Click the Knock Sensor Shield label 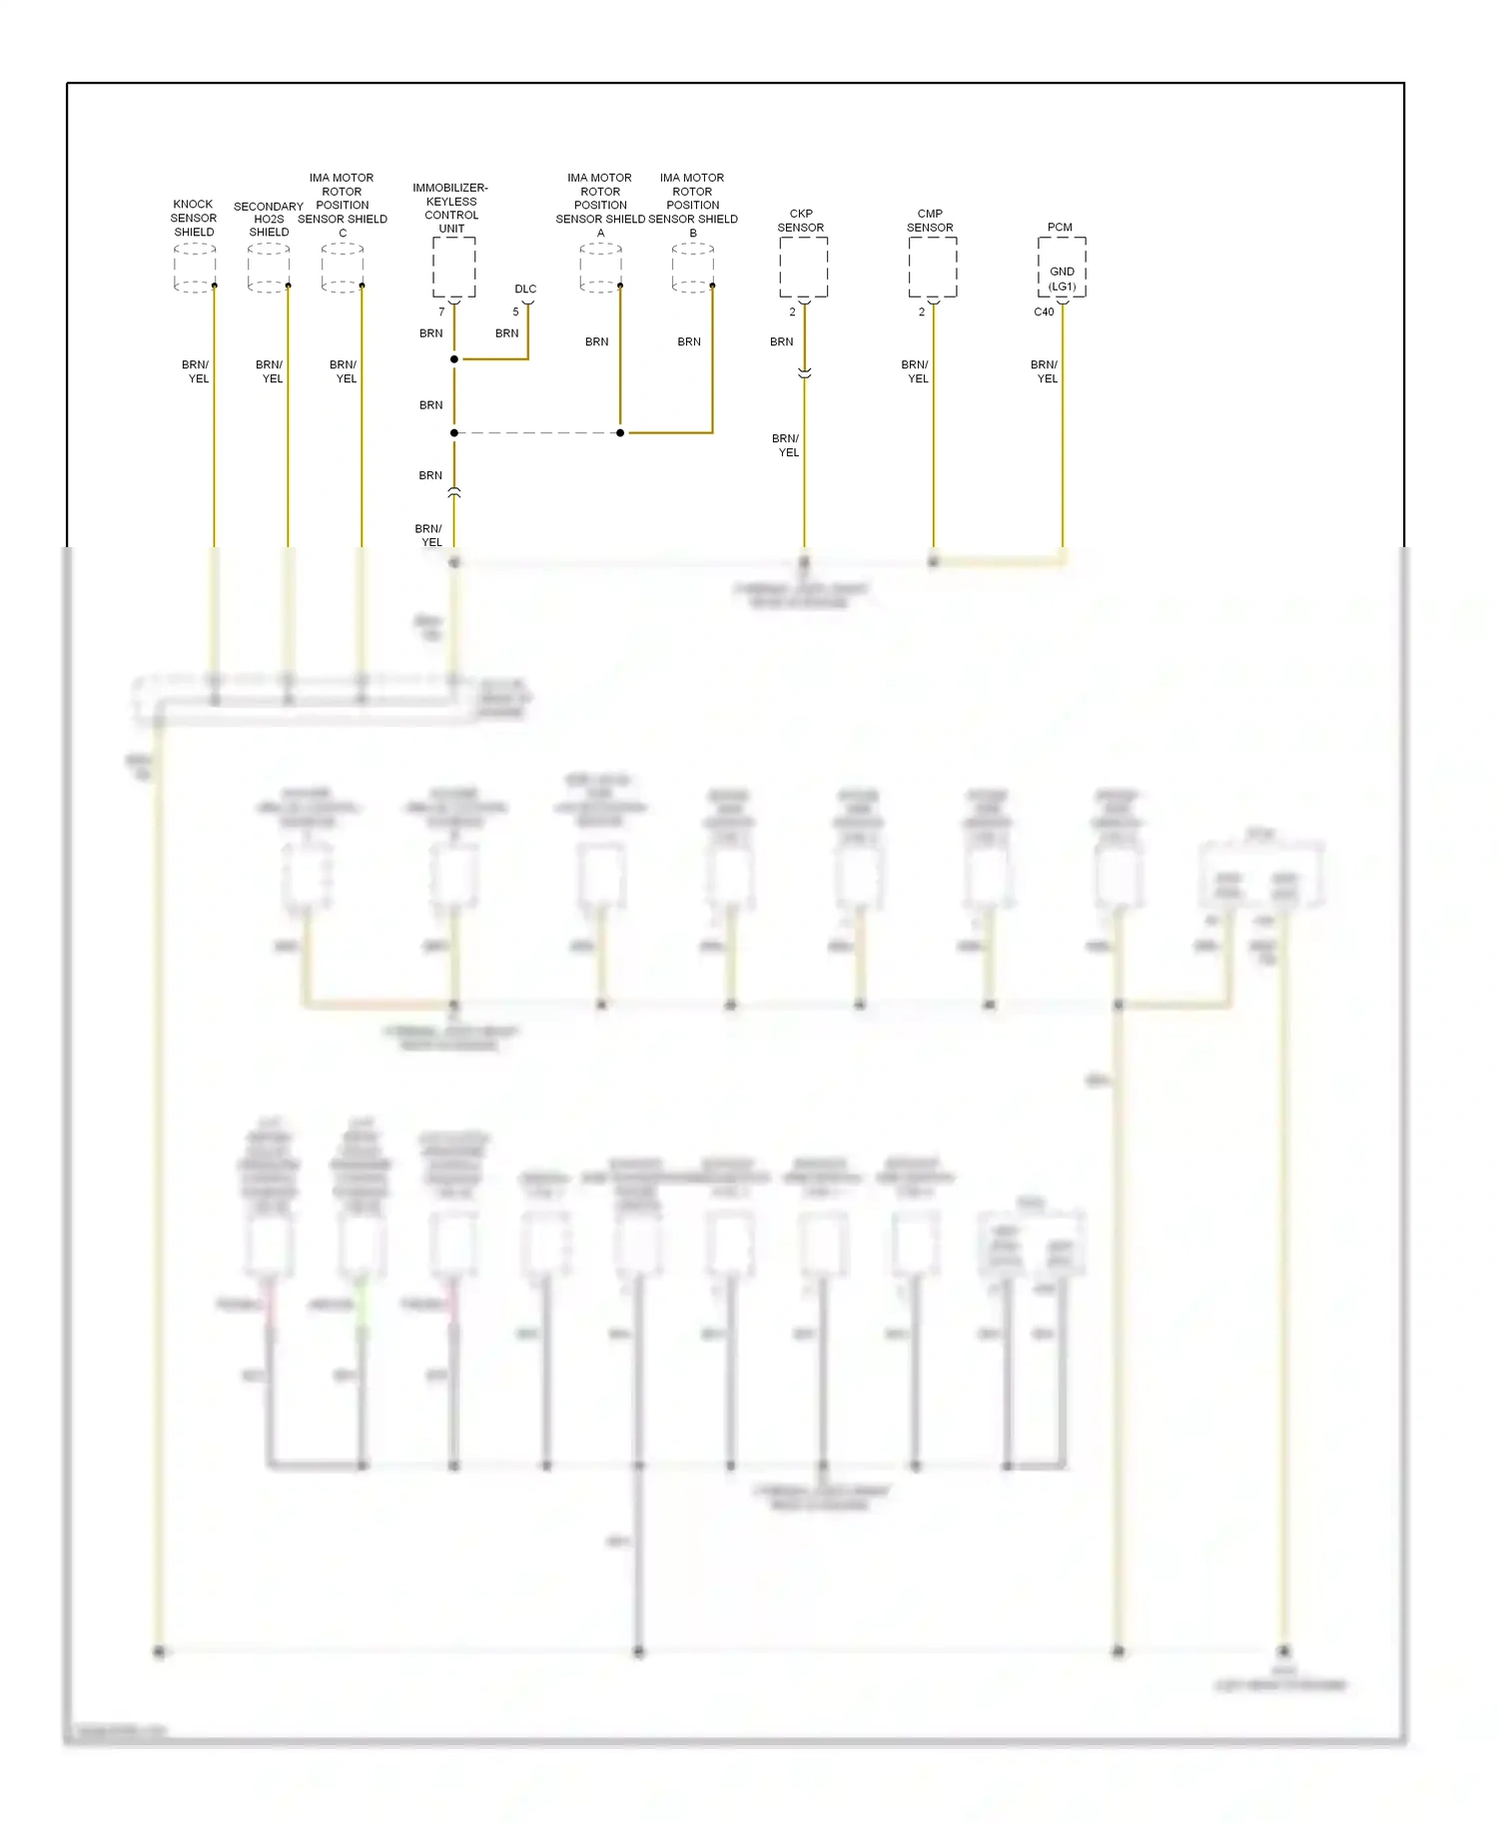click(x=194, y=218)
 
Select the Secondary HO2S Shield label click(x=269, y=219)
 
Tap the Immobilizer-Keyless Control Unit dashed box click(x=453, y=267)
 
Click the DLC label click(x=525, y=289)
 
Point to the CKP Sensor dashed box click(x=803, y=267)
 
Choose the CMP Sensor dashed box click(x=932, y=267)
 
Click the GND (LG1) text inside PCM click(x=1062, y=279)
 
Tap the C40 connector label click(x=1044, y=311)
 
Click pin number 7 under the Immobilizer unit click(x=441, y=311)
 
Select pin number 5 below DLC click(x=515, y=311)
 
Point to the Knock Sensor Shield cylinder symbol click(x=195, y=268)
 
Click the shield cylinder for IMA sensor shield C click(x=343, y=268)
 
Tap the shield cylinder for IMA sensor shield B click(x=693, y=268)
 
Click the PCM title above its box click(x=1060, y=227)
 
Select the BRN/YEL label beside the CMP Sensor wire click(x=916, y=371)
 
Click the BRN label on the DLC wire click(x=507, y=333)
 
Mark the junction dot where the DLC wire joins click(x=454, y=359)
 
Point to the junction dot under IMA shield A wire click(x=620, y=432)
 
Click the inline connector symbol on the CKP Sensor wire click(x=804, y=372)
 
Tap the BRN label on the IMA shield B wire click(x=689, y=341)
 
